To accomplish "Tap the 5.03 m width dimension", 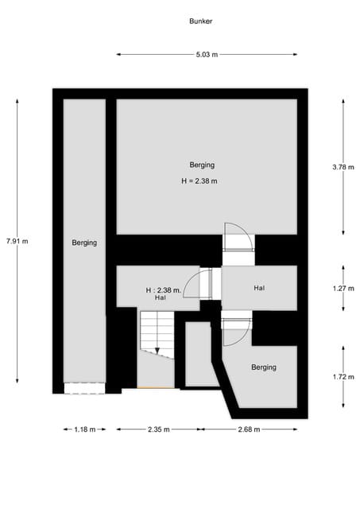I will click(207, 54).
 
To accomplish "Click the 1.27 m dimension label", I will click(343, 289).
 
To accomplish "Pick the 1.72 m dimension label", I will click(343, 378).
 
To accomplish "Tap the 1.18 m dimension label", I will click(84, 429).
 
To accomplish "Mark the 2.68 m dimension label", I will click(249, 429).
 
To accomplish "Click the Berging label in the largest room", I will click(202, 165).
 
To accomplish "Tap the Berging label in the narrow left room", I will click(84, 243).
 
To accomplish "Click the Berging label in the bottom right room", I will click(264, 367).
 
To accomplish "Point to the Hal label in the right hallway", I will click(259, 288).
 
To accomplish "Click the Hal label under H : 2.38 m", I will click(161, 297).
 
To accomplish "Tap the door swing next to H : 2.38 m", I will click(197, 284).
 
